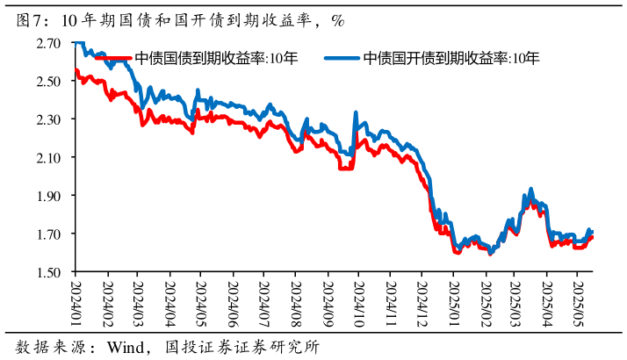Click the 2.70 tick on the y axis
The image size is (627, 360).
coord(48,42)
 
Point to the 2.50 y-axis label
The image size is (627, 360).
coord(48,81)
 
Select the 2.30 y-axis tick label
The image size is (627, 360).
coord(48,119)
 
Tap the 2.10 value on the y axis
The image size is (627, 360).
coord(48,157)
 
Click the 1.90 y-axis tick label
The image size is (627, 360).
coord(48,195)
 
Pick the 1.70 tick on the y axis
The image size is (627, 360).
coord(48,234)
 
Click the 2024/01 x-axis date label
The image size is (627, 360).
coord(76,299)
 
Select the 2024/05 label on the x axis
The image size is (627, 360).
coord(201,299)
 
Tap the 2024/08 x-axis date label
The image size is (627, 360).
coord(295,299)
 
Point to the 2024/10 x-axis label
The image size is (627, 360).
coord(358,299)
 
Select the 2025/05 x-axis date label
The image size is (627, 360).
coord(578,299)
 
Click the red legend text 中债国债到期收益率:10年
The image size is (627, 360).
coord(216,59)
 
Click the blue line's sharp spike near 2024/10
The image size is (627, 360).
coord(355,113)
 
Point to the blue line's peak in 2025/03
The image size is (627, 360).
coord(530,189)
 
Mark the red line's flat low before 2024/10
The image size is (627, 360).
coord(346,168)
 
